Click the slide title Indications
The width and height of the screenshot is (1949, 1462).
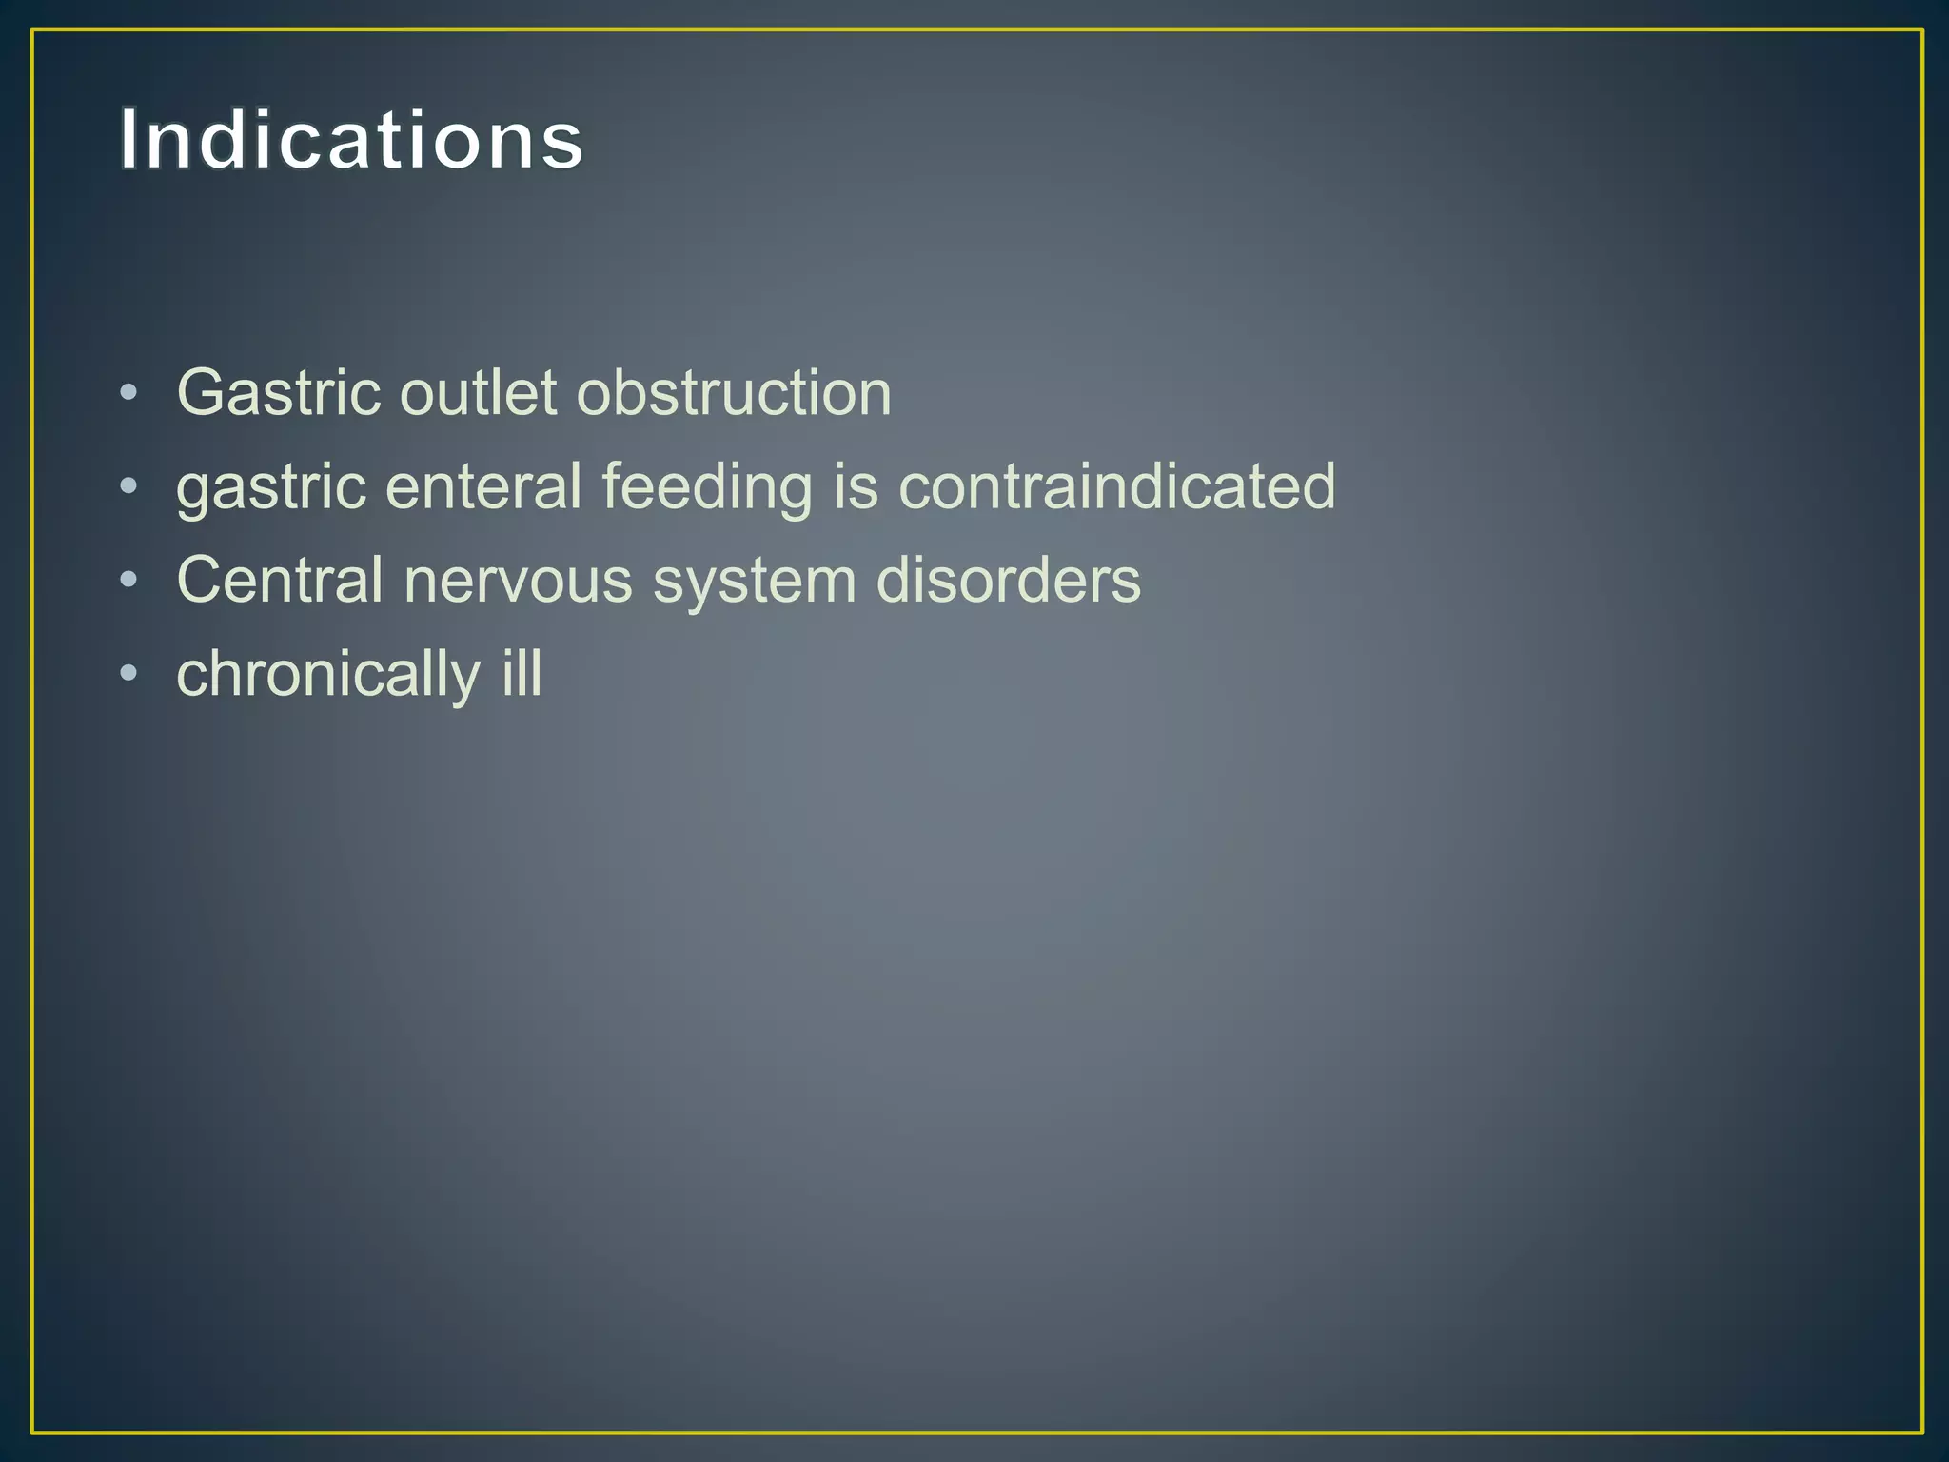click(351, 140)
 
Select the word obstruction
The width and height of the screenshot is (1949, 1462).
click(734, 392)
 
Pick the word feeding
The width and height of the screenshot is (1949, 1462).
click(707, 488)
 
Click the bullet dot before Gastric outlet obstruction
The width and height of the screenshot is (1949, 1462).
click(129, 393)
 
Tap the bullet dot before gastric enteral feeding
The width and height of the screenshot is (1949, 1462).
click(129, 487)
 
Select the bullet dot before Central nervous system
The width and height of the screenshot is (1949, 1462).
click(129, 581)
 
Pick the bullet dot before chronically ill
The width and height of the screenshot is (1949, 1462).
click(129, 674)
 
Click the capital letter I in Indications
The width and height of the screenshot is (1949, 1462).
click(129, 140)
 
